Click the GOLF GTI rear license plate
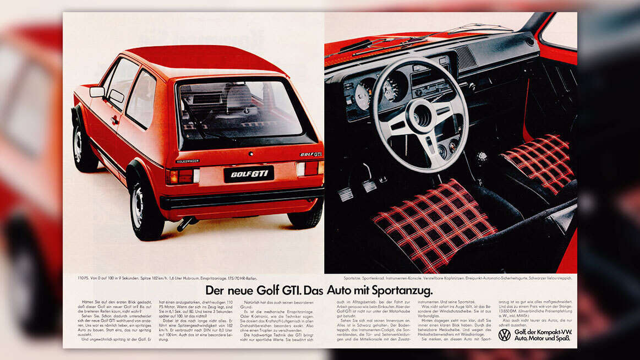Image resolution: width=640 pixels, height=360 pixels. click(x=248, y=173)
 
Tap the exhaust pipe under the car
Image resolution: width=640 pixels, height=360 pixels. click(x=185, y=223)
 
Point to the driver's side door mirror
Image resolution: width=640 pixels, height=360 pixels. click(x=97, y=92)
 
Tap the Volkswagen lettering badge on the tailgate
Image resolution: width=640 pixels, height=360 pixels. click(x=188, y=161)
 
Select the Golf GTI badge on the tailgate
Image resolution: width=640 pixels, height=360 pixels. click(x=311, y=154)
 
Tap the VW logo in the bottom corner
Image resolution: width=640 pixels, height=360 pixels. click(x=504, y=335)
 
